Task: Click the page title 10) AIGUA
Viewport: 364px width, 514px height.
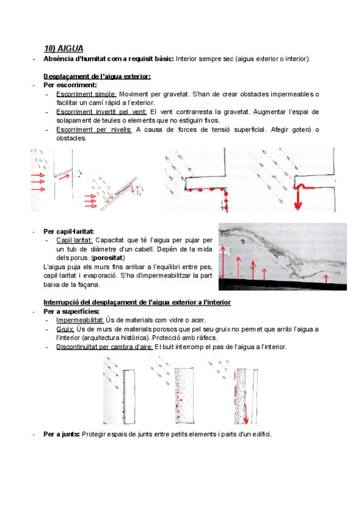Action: (x=63, y=48)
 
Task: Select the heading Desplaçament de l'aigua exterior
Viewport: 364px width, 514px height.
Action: (x=97, y=76)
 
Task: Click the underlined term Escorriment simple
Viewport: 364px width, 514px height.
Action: (x=86, y=94)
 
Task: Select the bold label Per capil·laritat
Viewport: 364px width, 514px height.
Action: (x=68, y=231)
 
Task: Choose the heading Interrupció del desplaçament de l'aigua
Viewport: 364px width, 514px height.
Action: (x=136, y=302)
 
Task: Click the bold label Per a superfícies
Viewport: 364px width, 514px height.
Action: (x=71, y=311)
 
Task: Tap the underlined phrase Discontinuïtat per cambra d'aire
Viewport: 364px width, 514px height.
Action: (x=104, y=347)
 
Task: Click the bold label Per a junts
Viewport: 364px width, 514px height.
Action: (x=61, y=434)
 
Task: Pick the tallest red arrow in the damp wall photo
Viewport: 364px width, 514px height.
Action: (x=224, y=265)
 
